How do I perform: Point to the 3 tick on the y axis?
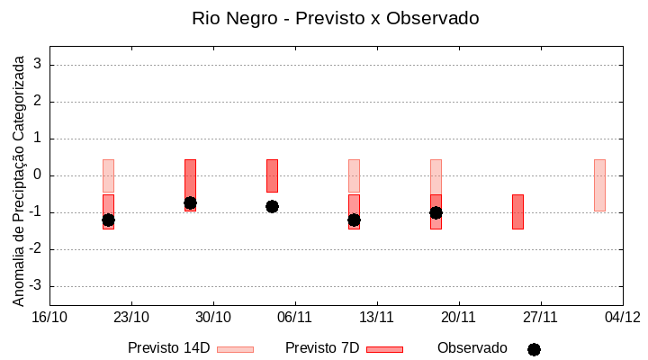coord(38,65)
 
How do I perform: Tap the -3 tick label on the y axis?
coord(35,286)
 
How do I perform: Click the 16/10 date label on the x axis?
coord(49,317)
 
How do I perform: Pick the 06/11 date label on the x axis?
coord(294,317)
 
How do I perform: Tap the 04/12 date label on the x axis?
coord(622,317)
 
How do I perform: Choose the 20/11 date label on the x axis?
coord(458,317)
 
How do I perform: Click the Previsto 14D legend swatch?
coord(235,349)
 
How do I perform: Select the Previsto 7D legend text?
coord(322,348)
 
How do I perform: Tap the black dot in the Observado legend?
coord(534,349)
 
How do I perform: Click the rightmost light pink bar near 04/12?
coord(599,184)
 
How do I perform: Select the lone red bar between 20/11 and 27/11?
coord(517,211)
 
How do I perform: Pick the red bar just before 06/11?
coord(272,175)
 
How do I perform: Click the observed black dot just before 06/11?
coord(272,206)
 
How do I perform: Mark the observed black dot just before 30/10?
coord(190,203)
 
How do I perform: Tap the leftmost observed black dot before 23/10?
coord(108,220)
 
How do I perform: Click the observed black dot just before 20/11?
coord(436,212)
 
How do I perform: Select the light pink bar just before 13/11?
coord(354,175)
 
